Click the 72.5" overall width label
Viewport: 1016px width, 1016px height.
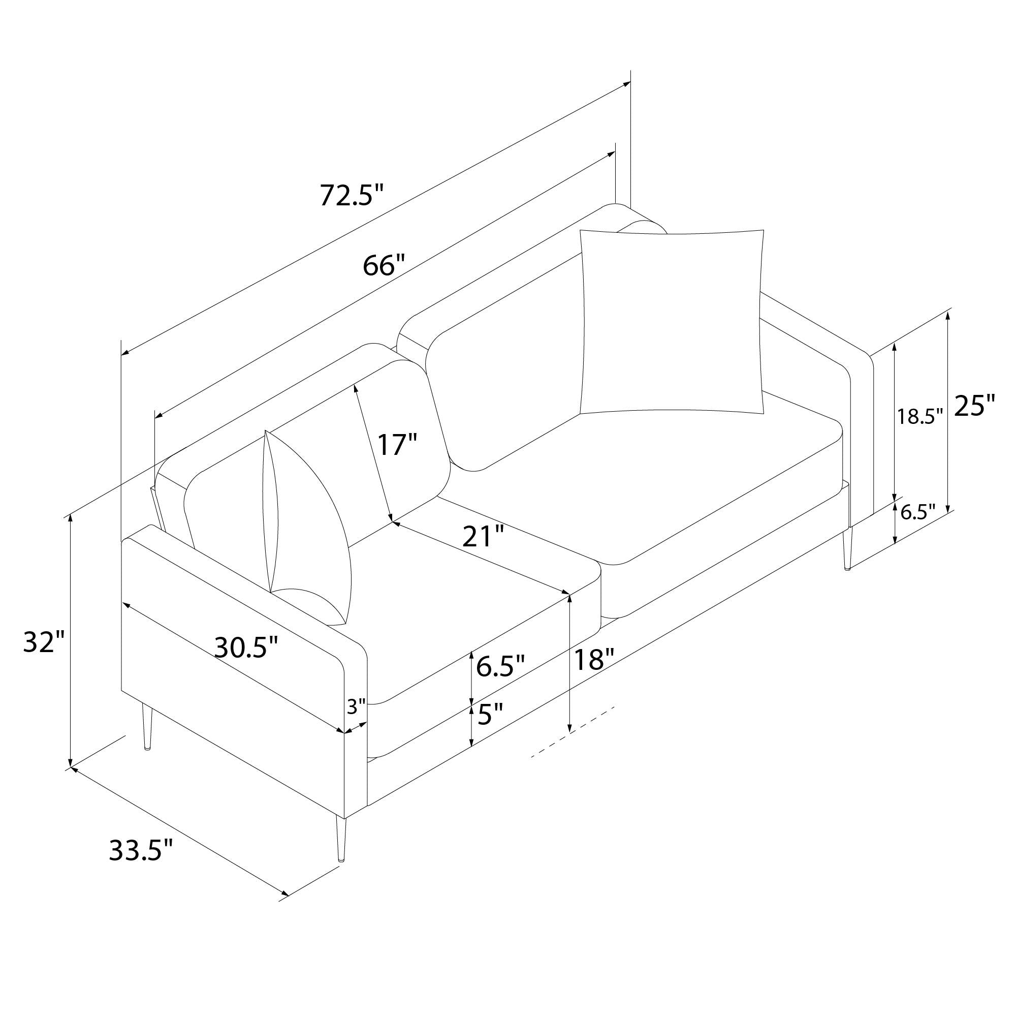pyautogui.click(x=353, y=195)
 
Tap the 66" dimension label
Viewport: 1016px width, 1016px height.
pyautogui.click(x=386, y=266)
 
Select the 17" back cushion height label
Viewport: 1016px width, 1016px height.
pyautogui.click(x=398, y=444)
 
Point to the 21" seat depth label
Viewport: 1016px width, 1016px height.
pyautogui.click(x=483, y=537)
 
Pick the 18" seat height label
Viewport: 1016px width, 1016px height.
pyautogui.click(x=594, y=659)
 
